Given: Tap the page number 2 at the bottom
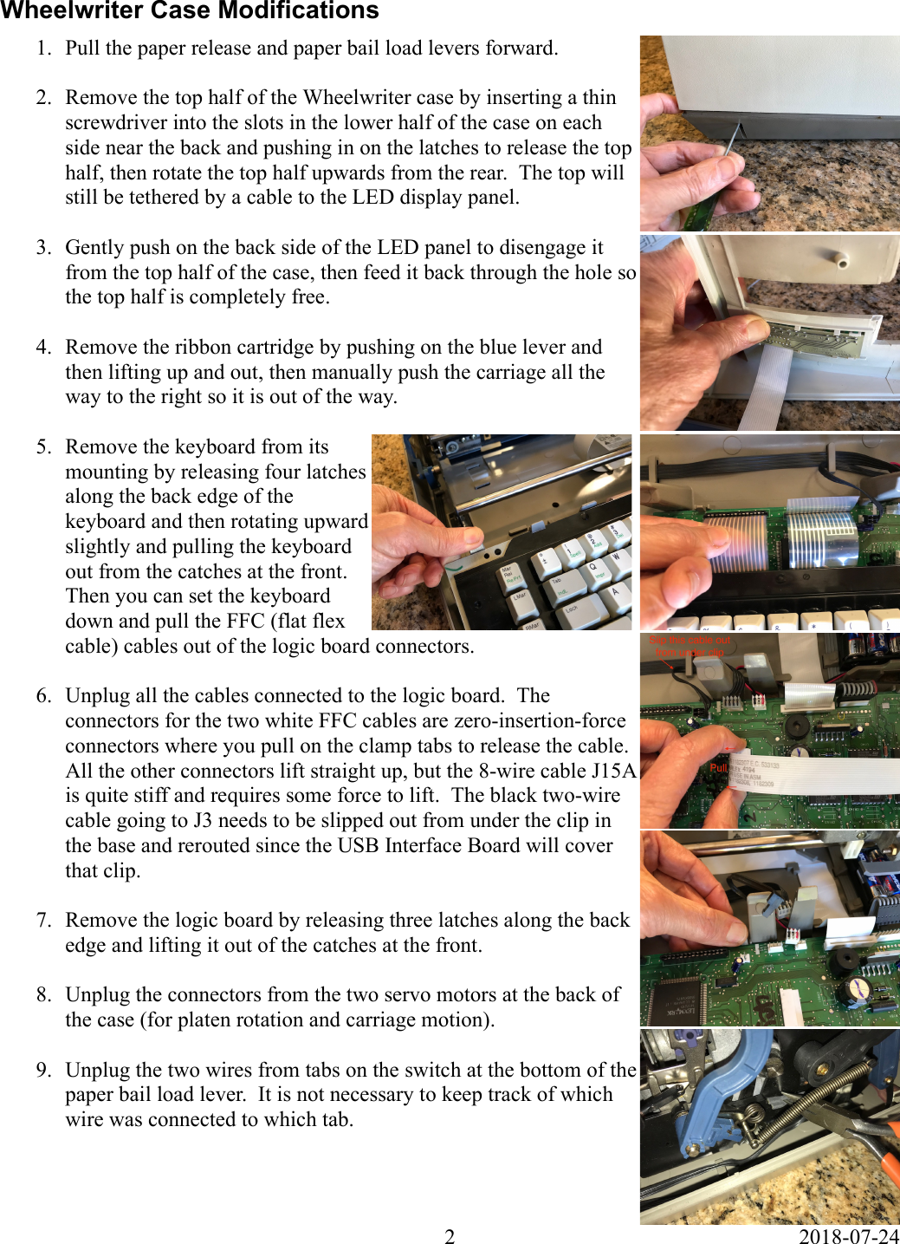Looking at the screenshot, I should click(x=450, y=1236).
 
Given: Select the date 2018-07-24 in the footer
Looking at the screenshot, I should click(x=848, y=1236).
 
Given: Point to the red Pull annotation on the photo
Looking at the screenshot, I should click(x=718, y=767).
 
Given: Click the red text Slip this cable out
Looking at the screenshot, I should click(x=690, y=641).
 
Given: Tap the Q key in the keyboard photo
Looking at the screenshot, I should click(x=593, y=567).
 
